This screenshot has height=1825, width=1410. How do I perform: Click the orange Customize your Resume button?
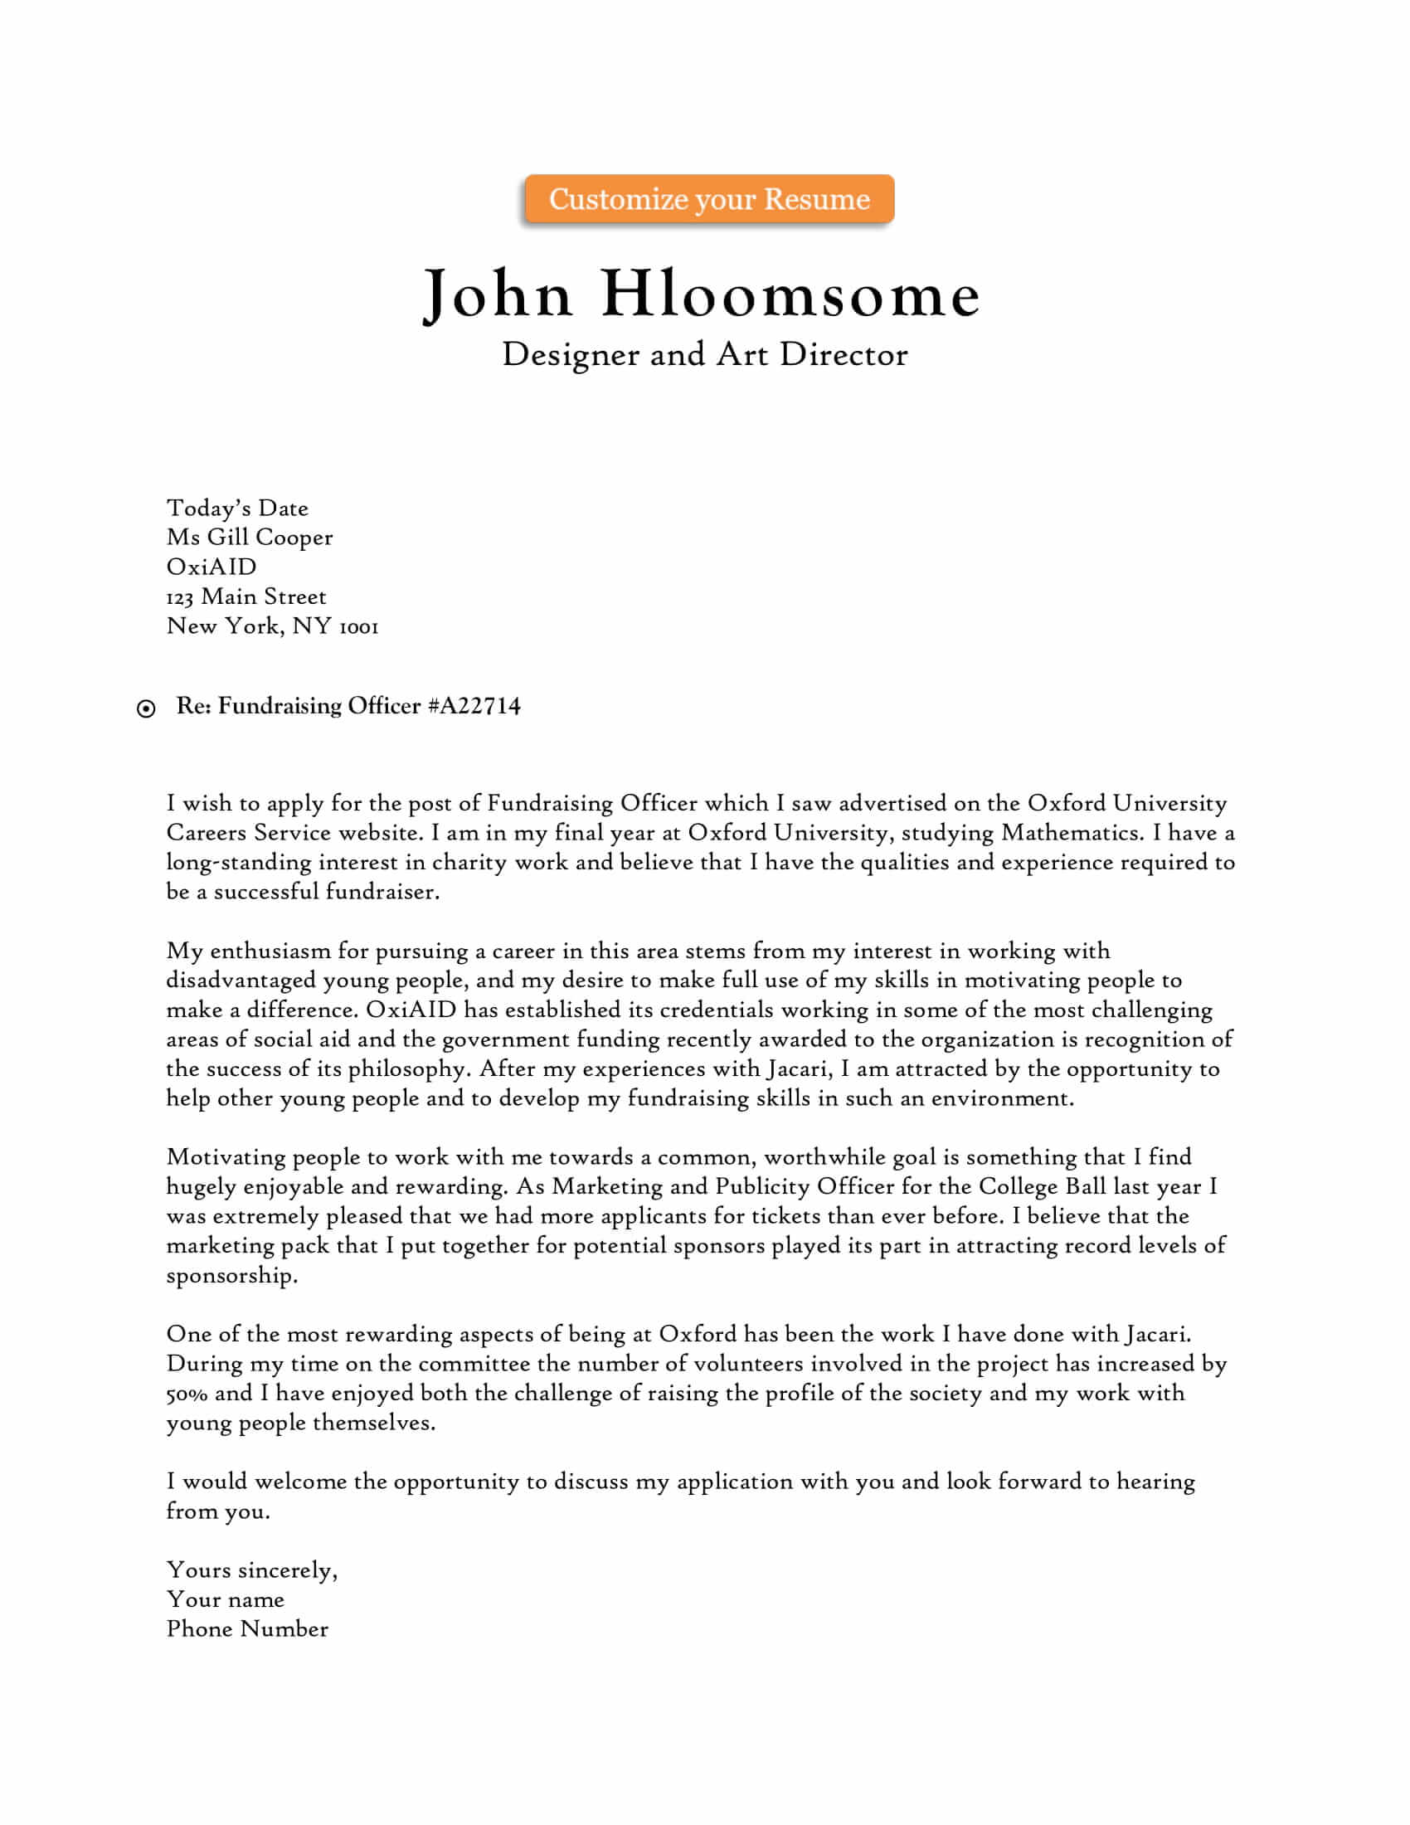708,199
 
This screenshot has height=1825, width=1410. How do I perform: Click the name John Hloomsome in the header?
702,294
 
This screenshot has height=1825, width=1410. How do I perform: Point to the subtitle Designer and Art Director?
704,354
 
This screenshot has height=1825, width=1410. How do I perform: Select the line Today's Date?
237,508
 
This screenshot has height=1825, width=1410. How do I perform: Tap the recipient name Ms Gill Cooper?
249,538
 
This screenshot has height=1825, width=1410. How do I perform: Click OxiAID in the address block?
211,567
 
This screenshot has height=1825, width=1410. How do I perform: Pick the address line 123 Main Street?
246,596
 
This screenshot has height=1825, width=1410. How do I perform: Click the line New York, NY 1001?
272,625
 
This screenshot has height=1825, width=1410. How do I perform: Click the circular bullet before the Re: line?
146,708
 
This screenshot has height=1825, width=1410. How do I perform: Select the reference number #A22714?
474,706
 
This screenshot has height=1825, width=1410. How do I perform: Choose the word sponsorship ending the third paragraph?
231,1275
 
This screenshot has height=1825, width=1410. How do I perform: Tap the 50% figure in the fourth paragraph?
187,1393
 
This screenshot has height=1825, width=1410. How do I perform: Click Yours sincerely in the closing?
251,1570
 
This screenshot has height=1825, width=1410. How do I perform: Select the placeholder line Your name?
226,1599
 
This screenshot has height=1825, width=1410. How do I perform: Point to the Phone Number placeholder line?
247,1628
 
